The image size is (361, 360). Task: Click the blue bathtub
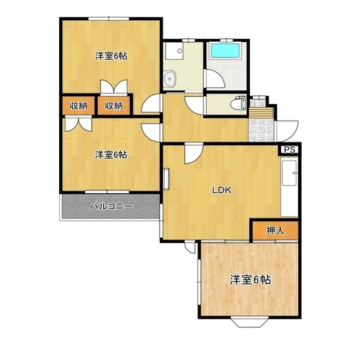[x=226, y=51]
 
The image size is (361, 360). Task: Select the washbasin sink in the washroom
[x=170, y=78]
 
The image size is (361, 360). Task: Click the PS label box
[x=289, y=150]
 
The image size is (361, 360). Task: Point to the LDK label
[x=222, y=190]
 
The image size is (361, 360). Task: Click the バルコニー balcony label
[x=111, y=206]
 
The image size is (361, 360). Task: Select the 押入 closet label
[x=275, y=230]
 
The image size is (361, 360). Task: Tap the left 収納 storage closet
[x=79, y=106]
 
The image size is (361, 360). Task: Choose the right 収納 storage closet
[x=114, y=106]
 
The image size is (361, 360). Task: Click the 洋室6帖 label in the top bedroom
[x=111, y=56]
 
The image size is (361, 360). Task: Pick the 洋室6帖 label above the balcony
[x=111, y=155]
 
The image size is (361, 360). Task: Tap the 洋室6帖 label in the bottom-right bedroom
[x=250, y=280]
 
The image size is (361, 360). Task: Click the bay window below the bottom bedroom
[x=249, y=322]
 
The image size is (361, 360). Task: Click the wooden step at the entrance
[x=262, y=113]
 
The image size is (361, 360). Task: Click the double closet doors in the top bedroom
[x=114, y=87]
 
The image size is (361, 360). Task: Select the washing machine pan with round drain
[x=174, y=51]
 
